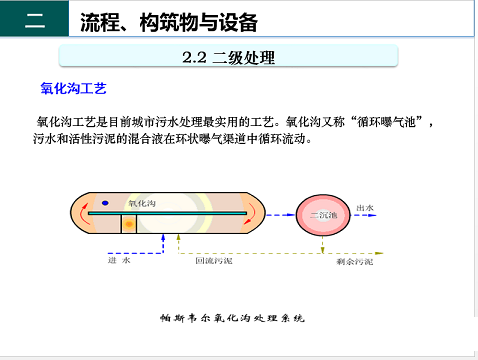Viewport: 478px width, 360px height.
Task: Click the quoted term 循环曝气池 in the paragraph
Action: [x=390, y=122]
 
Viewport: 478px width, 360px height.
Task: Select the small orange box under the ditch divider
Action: [x=128, y=224]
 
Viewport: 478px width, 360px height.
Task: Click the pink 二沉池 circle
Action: [x=326, y=214]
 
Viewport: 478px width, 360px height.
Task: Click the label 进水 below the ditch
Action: [x=119, y=260]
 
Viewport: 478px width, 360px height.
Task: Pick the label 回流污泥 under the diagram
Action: [x=213, y=260]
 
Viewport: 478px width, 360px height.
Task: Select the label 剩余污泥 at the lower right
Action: [x=355, y=261]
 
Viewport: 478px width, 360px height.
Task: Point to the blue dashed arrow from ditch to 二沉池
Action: [x=282, y=214]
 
